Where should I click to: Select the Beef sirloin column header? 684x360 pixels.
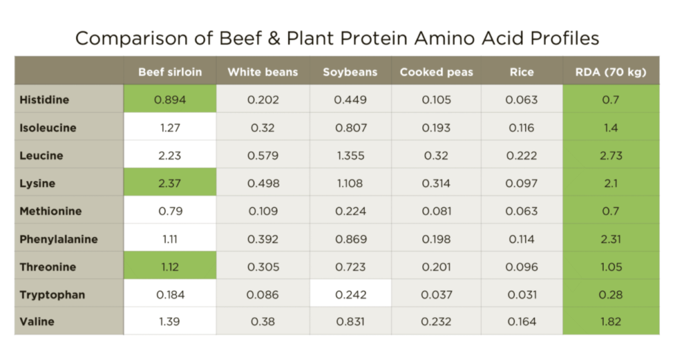point(170,72)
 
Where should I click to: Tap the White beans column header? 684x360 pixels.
point(263,72)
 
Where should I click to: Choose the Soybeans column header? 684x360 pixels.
point(350,72)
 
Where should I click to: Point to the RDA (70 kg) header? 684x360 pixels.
point(611,72)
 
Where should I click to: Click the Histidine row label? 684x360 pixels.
point(44,100)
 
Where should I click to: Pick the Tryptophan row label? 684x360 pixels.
point(52,295)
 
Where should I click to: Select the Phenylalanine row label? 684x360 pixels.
point(59,239)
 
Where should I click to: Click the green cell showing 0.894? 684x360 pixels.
point(170,100)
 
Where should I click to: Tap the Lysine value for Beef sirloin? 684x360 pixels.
point(170,184)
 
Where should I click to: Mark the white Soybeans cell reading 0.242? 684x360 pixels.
point(350,295)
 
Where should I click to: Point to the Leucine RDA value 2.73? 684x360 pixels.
point(611,156)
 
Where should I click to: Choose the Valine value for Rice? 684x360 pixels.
point(521,322)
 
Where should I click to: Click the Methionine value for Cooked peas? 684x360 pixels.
point(436,211)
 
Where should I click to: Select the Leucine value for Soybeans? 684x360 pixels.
point(350,156)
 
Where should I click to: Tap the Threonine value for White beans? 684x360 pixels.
point(263,267)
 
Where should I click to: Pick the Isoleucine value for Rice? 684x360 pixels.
point(521,128)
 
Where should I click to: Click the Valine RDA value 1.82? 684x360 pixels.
point(611,322)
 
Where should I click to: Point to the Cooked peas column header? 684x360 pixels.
point(436,72)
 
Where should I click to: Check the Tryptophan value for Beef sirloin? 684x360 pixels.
point(170,295)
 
